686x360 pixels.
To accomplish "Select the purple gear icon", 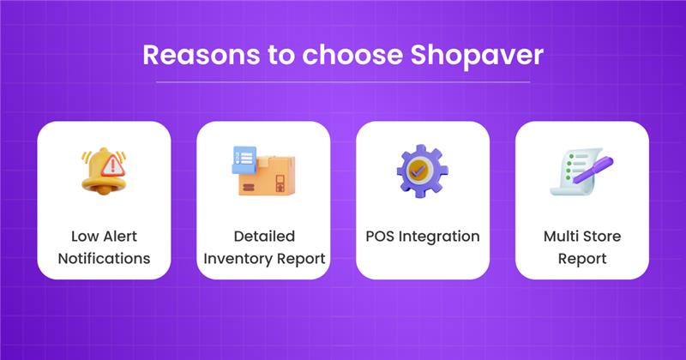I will pos(422,171).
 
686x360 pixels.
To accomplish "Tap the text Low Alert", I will pos(105,236).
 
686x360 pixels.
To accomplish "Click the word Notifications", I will pos(105,257).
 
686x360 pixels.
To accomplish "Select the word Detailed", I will pos(264,236).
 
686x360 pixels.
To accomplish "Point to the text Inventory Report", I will pos(264,257).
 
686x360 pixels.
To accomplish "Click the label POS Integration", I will pos(422,236).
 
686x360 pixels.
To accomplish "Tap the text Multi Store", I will pos(581,236).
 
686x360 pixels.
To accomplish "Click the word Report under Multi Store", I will pos(581,257).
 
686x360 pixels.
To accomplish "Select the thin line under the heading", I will pos(343,82).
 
